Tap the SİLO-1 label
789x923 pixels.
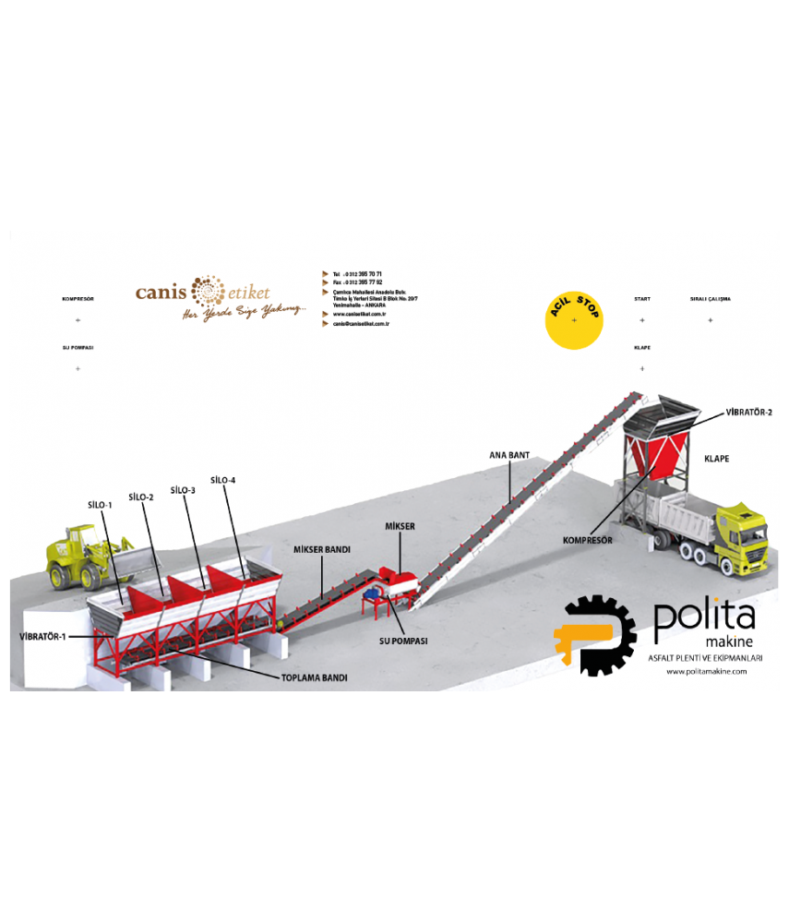click(x=101, y=505)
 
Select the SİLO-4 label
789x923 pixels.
click(x=223, y=480)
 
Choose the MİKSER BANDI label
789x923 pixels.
click(x=322, y=549)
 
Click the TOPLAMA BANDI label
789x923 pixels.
click(x=315, y=677)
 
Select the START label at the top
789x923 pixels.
click(x=642, y=299)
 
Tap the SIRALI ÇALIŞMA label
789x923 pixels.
click(x=711, y=299)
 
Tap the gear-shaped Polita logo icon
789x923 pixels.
click(x=594, y=637)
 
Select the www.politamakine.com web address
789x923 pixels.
click(x=706, y=671)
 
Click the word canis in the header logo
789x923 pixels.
click(x=161, y=292)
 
